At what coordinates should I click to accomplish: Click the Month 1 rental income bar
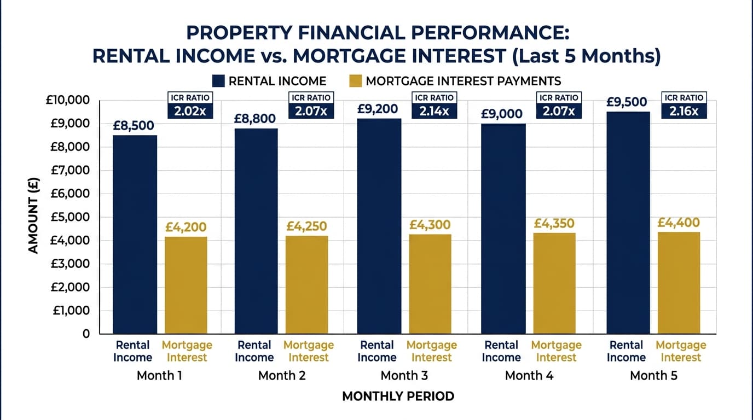135,234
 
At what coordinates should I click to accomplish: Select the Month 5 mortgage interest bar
679,283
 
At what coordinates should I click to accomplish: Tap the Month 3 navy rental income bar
379,226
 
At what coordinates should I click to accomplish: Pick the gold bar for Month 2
306,284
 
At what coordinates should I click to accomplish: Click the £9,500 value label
627,102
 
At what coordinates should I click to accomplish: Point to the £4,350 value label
554,224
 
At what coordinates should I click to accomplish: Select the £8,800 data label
256,118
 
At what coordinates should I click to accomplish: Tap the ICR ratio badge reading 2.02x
189,105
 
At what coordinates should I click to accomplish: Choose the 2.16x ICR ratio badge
684,105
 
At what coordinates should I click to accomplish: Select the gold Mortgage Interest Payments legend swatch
355,81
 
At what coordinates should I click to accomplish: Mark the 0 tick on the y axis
85,334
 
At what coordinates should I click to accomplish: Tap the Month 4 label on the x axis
529,376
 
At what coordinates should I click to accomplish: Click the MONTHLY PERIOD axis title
398,396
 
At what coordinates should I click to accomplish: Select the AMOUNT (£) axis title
33,217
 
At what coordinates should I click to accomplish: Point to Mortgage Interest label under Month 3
431,351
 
